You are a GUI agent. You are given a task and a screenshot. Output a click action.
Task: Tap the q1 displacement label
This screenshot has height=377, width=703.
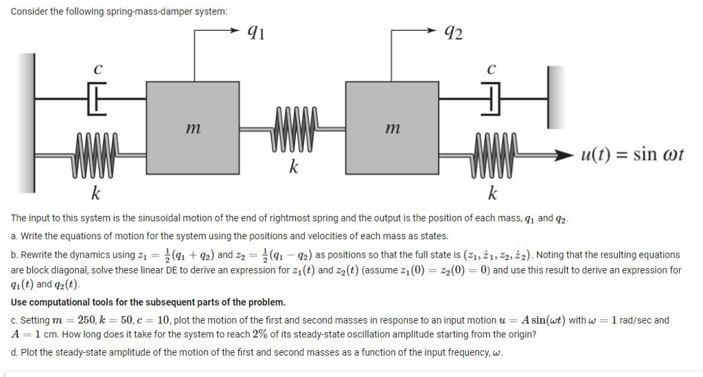tap(255, 30)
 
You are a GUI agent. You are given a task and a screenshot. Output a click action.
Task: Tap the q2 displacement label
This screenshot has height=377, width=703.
tap(454, 30)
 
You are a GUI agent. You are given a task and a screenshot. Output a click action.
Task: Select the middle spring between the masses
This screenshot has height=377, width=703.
tap(295, 127)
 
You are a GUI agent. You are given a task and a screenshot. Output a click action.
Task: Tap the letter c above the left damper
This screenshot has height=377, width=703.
tap(98, 70)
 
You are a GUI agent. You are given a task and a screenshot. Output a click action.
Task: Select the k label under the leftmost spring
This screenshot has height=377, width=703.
tap(97, 194)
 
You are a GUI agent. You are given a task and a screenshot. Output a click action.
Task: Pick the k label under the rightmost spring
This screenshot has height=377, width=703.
tap(492, 194)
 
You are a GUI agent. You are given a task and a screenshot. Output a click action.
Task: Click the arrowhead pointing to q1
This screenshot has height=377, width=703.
tap(236, 30)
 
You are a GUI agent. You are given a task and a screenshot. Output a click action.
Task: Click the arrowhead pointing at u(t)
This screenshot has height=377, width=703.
tap(566, 156)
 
